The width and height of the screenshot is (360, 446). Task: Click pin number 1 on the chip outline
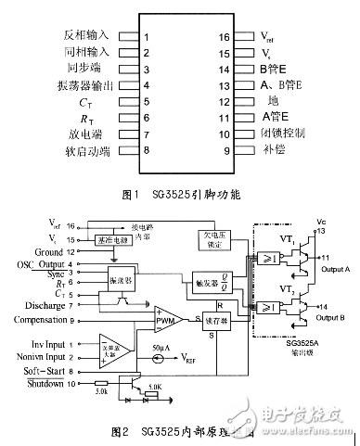coord(147,38)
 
